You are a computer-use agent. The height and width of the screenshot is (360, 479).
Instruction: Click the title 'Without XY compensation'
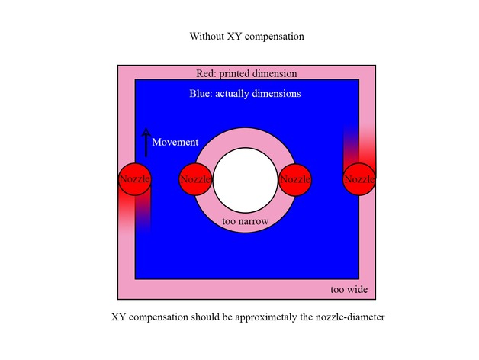coord(247,37)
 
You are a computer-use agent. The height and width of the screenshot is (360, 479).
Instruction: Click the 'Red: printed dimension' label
coord(246,74)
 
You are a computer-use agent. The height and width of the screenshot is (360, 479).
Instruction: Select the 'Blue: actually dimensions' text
coord(245,94)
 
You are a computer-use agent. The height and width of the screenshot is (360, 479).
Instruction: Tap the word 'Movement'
coord(175,142)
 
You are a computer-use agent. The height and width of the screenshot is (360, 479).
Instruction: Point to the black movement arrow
coord(146,143)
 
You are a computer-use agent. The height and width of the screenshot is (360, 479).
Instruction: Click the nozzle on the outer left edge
coord(135,179)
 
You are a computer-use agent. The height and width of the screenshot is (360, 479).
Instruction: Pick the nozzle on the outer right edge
coord(359,179)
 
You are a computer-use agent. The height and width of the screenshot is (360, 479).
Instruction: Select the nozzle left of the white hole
coord(195,179)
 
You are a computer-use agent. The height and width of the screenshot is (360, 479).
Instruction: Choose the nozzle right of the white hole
coord(295,179)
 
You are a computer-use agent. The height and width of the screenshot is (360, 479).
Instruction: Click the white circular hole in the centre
coord(246,180)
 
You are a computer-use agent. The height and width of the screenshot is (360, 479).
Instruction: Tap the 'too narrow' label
coord(246,221)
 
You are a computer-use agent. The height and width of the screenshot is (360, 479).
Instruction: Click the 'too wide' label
coord(349,289)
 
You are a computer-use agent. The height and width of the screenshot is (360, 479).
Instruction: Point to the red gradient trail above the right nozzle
coord(359,146)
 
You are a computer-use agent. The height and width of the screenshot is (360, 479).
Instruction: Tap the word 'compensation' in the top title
coord(275,37)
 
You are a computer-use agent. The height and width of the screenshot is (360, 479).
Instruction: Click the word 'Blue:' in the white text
coord(201,94)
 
